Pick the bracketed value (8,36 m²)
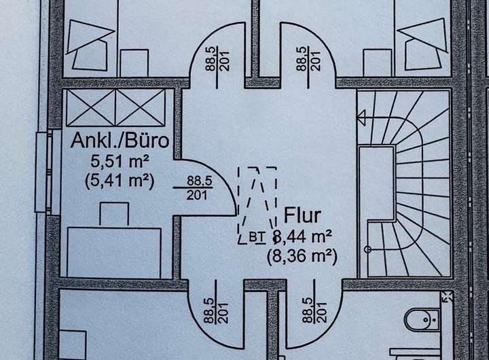click(x=302, y=257)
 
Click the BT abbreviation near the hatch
click(x=256, y=237)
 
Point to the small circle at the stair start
click(x=368, y=248)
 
